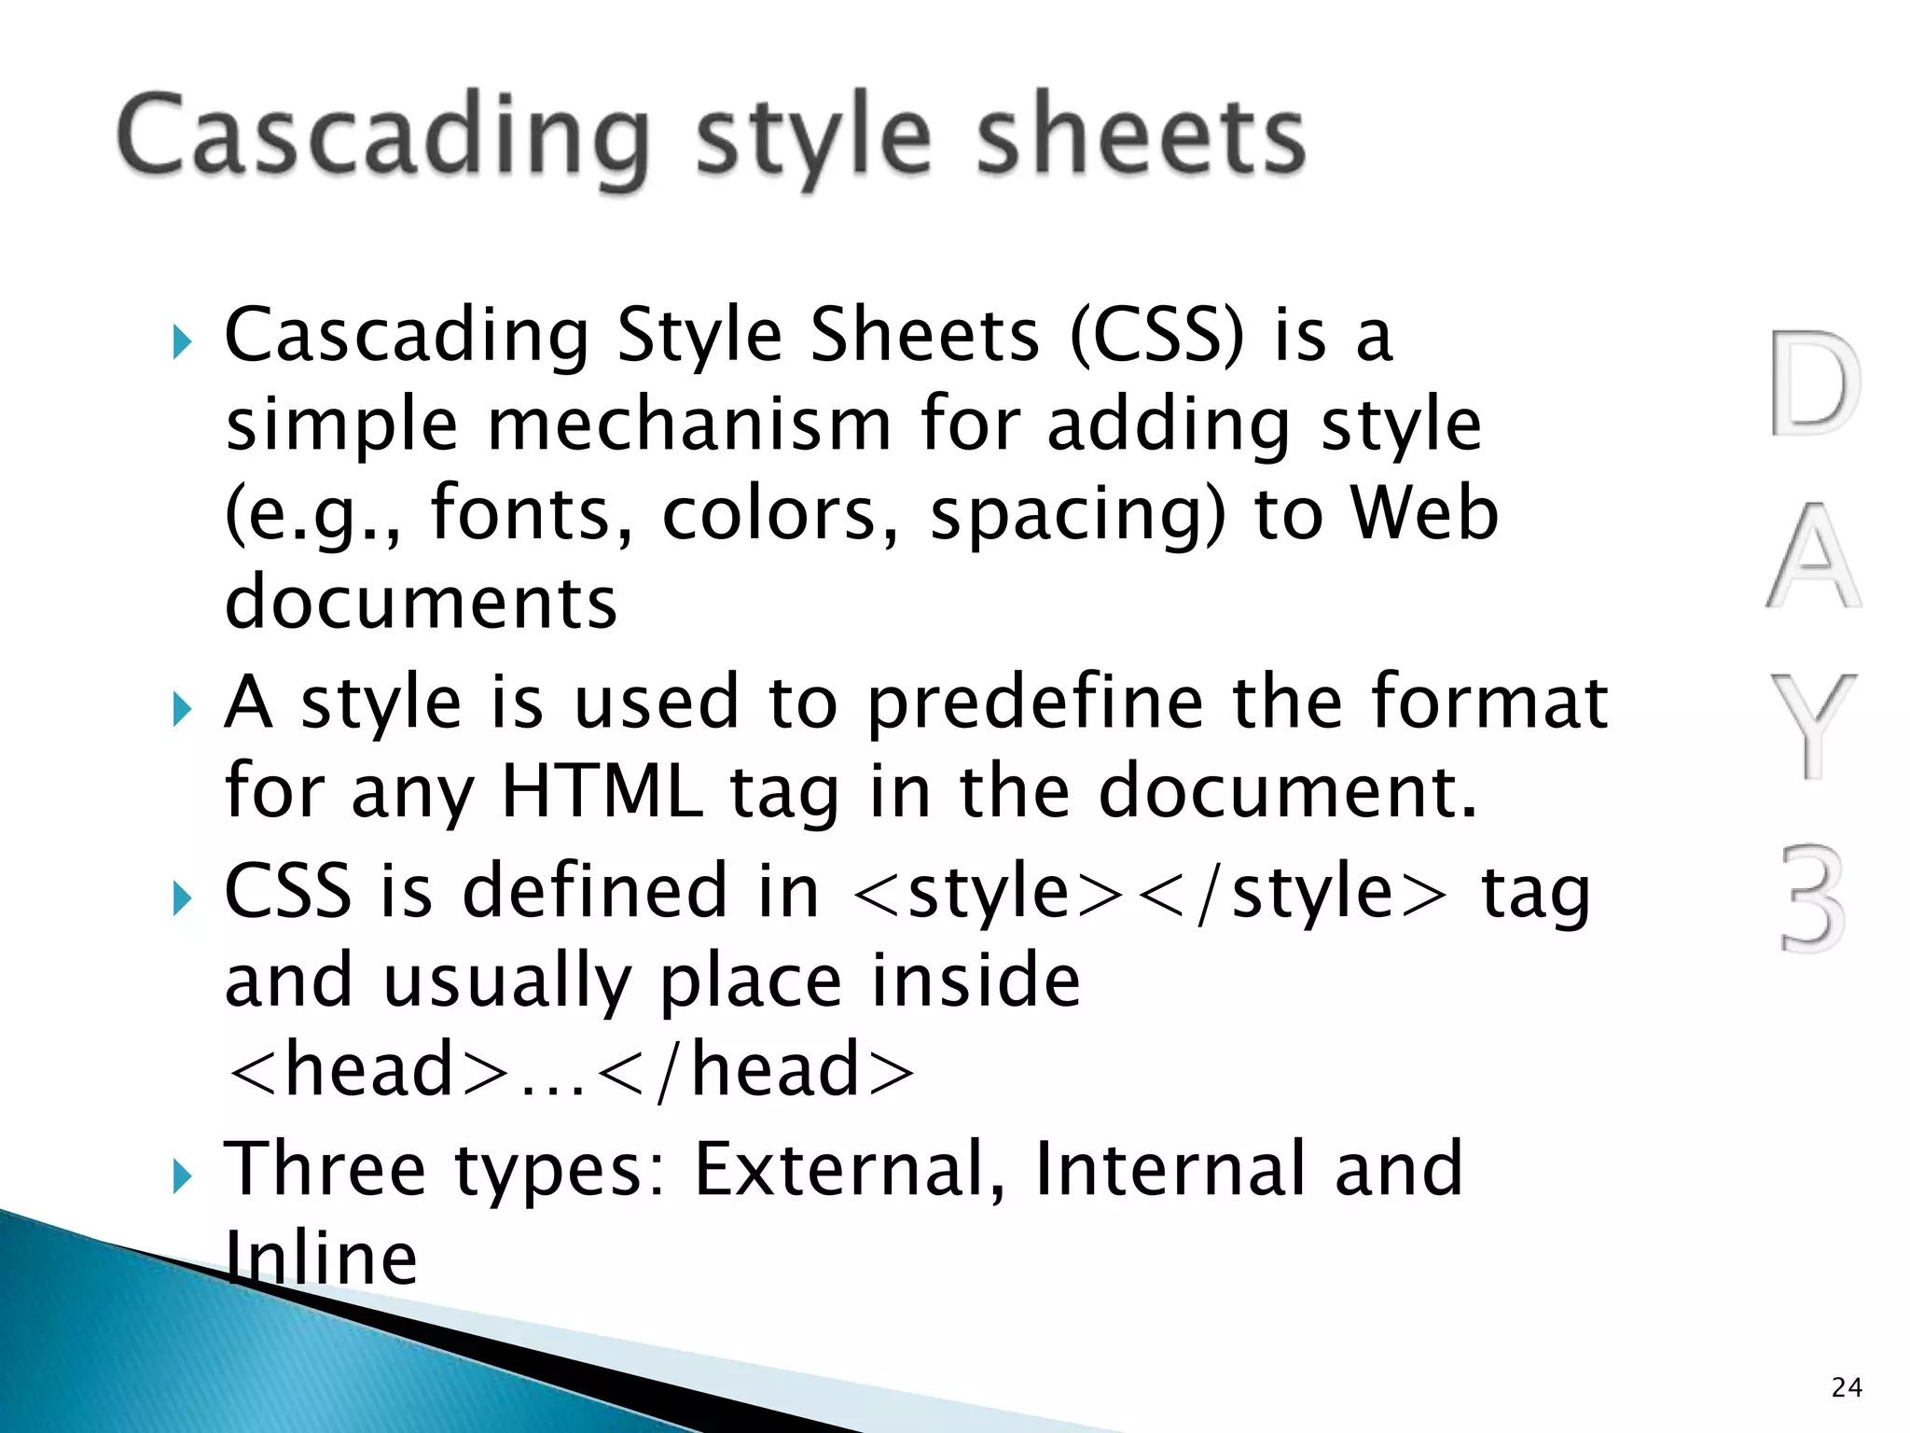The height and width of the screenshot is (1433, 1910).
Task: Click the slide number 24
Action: pyautogui.click(x=1847, y=1387)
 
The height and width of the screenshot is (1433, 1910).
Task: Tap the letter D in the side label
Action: pyautogui.click(x=1814, y=383)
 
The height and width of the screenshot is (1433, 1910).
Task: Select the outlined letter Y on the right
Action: pyautogui.click(x=1813, y=726)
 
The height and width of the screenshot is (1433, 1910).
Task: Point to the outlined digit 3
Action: pyautogui.click(x=1813, y=897)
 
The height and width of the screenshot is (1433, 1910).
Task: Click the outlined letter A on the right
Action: pyautogui.click(x=1813, y=556)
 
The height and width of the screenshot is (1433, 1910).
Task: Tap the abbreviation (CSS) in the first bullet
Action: pyautogui.click(x=1156, y=336)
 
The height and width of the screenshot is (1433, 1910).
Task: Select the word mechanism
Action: pyautogui.click(x=690, y=424)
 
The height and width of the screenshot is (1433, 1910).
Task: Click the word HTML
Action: pyautogui.click(x=602, y=791)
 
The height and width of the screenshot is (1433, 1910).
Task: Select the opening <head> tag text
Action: pyautogui.click(x=368, y=1070)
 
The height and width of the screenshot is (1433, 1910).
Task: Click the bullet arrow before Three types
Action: pyautogui.click(x=182, y=1177)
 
